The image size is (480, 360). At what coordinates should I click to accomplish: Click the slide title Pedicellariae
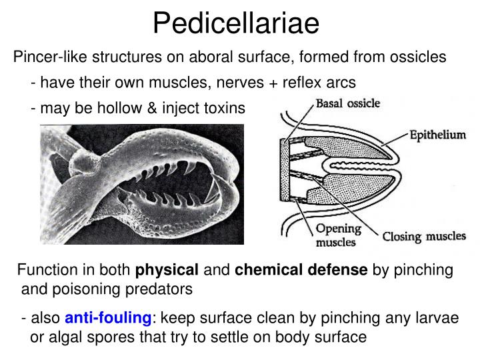point(236,24)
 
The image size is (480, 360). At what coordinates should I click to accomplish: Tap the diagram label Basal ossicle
point(347,103)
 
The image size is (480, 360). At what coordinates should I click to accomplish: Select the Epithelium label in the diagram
point(437,135)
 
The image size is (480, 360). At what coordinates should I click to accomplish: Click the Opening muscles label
point(337,235)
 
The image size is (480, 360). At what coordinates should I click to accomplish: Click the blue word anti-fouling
point(109,318)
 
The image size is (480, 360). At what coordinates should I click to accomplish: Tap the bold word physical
point(167,270)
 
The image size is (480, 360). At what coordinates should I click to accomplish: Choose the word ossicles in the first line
point(421,57)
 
